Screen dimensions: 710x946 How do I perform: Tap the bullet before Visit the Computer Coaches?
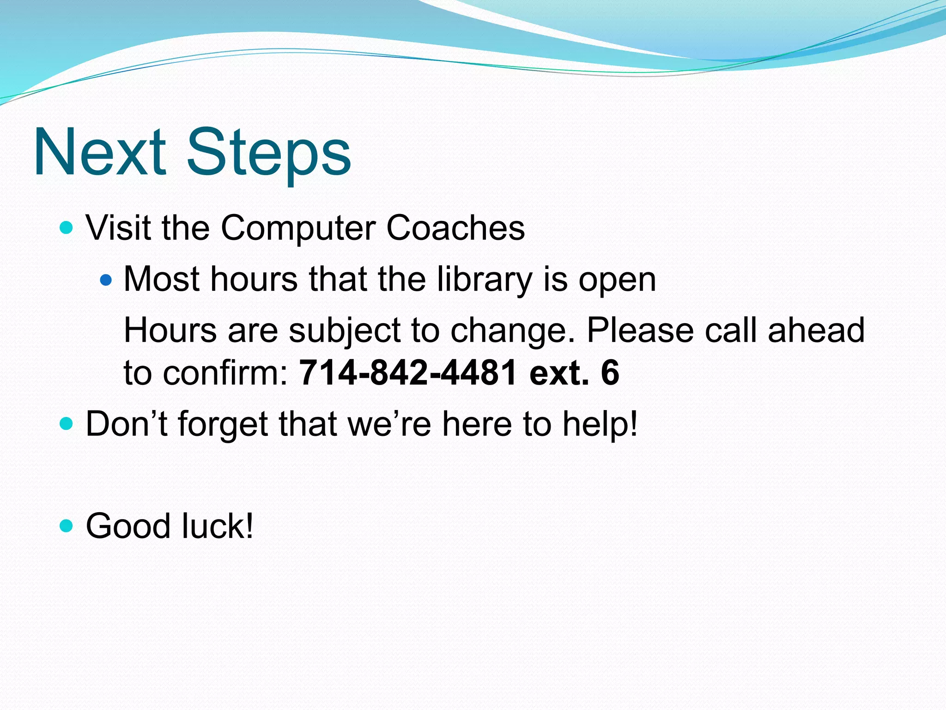pyautogui.click(x=67, y=228)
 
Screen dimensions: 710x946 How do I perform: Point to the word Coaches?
pyautogui.click(x=455, y=228)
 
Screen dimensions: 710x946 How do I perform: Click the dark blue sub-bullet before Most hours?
pyautogui.click(x=106, y=280)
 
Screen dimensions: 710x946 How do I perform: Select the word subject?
pyautogui.click(x=345, y=331)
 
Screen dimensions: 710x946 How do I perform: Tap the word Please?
pyautogui.click(x=640, y=330)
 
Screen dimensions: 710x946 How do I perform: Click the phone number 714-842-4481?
pyautogui.click(x=408, y=373)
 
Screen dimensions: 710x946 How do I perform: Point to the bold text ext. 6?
pyautogui.click(x=574, y=373)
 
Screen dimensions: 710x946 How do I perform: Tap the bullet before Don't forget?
pyautogui.click(x=67, y=423)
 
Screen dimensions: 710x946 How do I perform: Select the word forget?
pyautogui.click(x=223, y=424)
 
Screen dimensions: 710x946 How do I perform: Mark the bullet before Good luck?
pyautogui.click(x=67, y=526)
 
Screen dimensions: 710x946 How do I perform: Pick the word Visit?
pyautogui.click(x=118, y=228)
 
